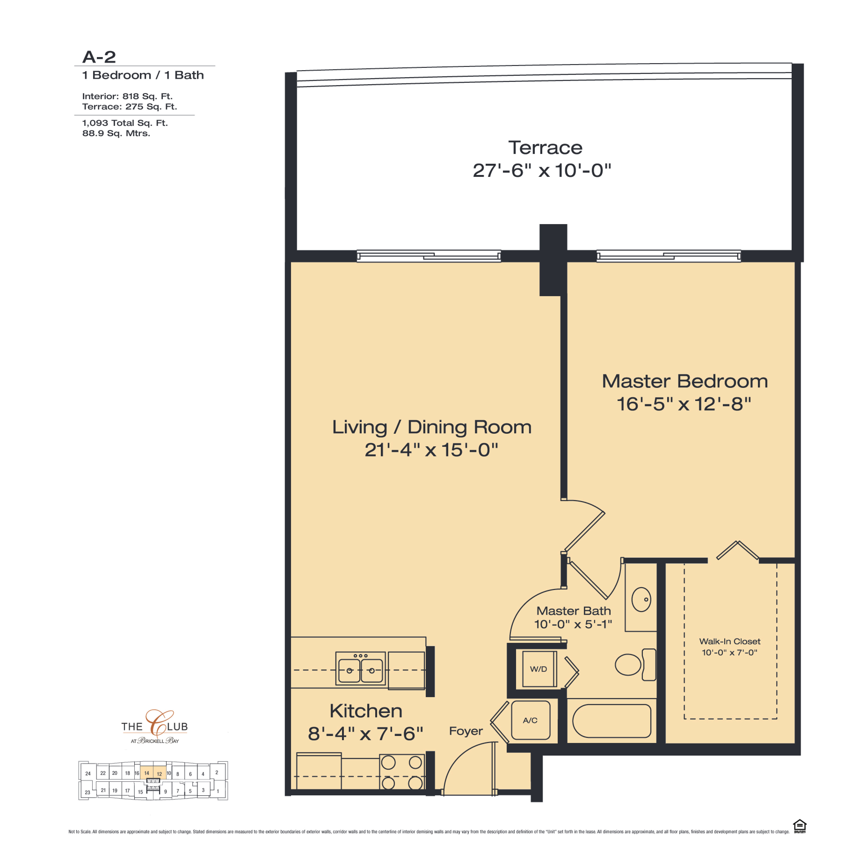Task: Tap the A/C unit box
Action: pyautogui.click(x=530, y=720)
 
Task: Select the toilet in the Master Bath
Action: pyautogui.click(x=635, y=665)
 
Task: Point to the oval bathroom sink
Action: pyautogui.click(x=641, y=599)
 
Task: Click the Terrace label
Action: pyautogui.click(x=545, y=148)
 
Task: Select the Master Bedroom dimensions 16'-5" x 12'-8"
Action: pyautogui.click(x=684, y=404)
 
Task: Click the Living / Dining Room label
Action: pyautogui.click(x=432, y=427)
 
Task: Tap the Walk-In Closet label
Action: pyautogui.click(x=730, y=641)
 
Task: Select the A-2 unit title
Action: pyautogui.click(x=99, y=57)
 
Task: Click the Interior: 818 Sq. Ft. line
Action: pyautogui.click(x=127, y=96)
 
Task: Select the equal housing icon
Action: pyautogui.click(x=799, y=826)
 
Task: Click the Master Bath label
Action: pyautogui.click(x=574, y=611)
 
